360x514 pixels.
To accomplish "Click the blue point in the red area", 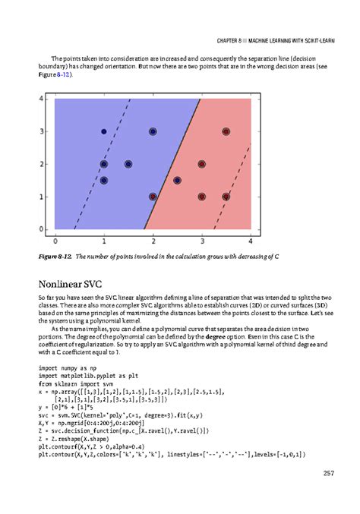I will (177, 181).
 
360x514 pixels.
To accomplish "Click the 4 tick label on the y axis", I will (41, 99).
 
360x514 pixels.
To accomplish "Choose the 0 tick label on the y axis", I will (41, 229).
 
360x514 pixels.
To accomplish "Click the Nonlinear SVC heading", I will (69, 285).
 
